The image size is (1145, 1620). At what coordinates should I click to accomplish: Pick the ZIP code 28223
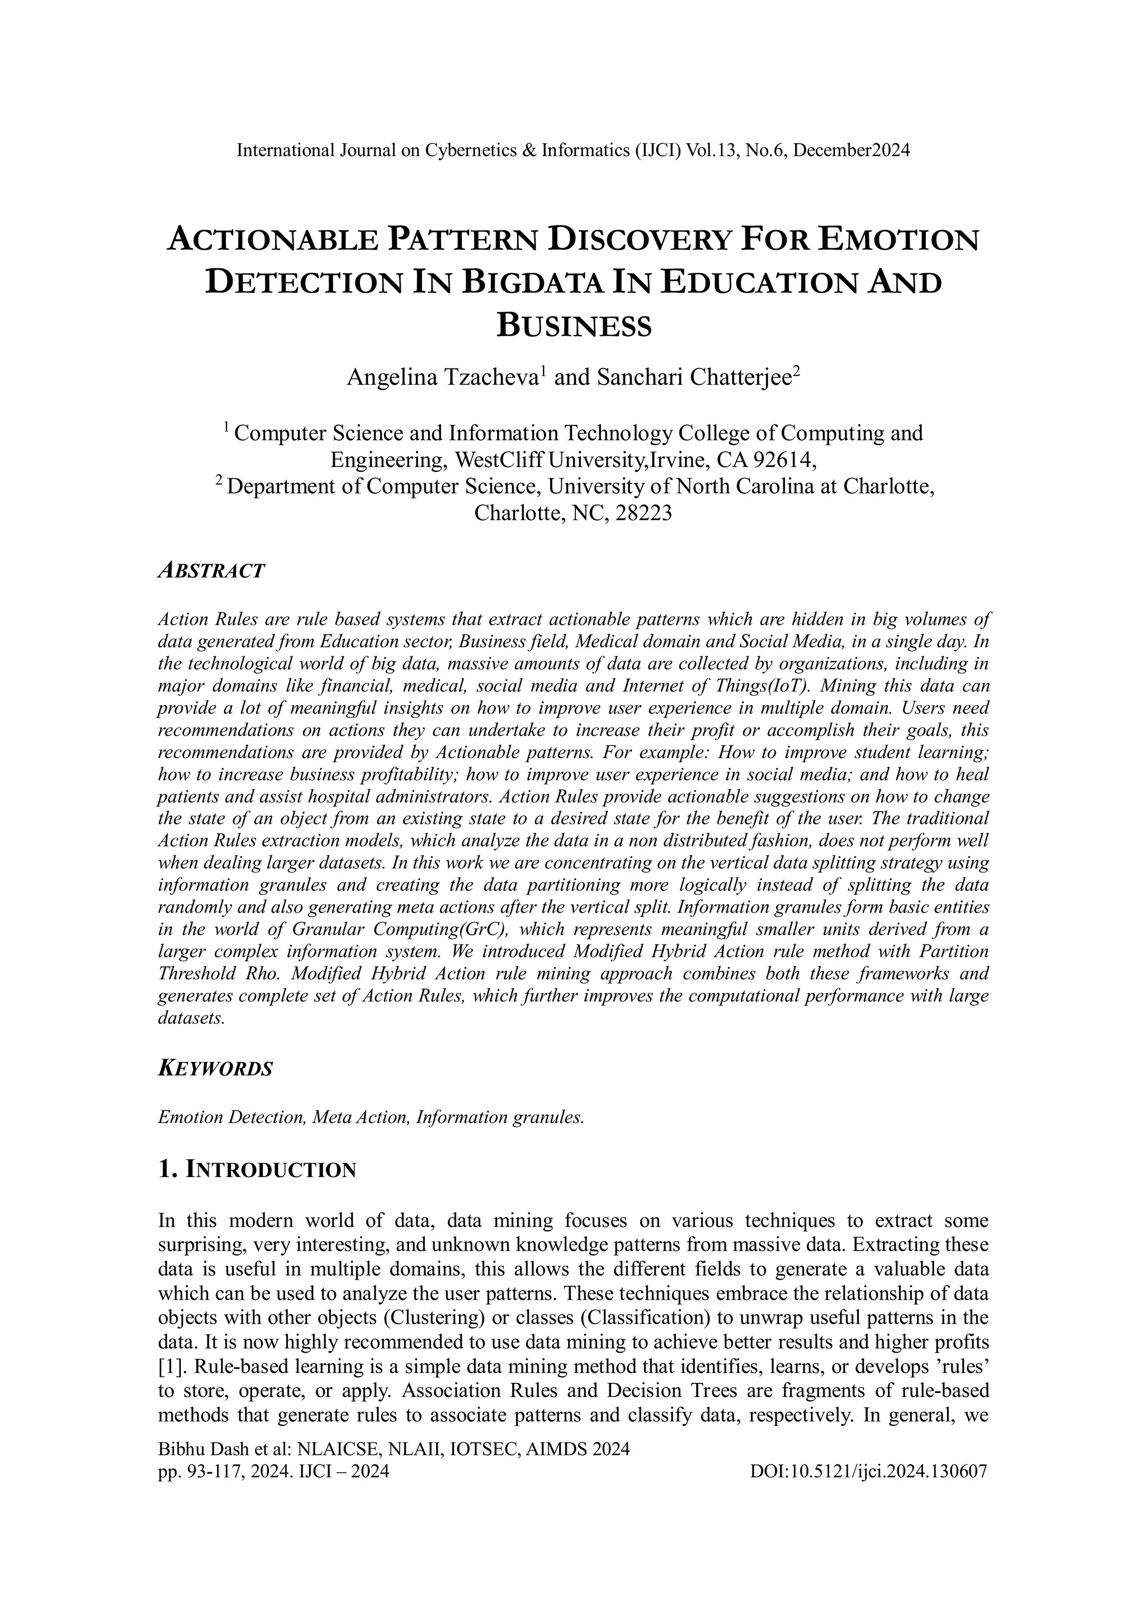tap(643, 513)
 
